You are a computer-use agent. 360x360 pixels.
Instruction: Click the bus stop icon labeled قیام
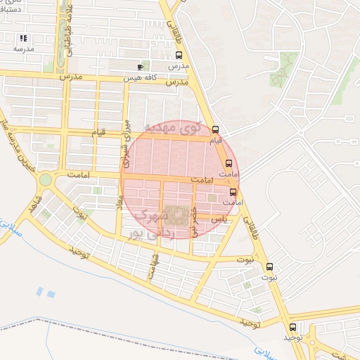point(215,129)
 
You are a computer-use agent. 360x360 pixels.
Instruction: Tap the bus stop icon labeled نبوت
point(270,266)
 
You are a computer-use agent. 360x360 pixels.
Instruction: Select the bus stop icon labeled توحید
point(293,327)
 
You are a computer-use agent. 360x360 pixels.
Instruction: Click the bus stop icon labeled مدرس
point(179,55)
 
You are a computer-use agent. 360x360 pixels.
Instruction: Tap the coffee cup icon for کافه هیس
point(140,67)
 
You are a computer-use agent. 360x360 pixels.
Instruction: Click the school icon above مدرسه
point(23,38)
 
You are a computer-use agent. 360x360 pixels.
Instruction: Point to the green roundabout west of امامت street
point(46,180)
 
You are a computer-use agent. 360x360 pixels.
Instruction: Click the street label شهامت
point(152,267)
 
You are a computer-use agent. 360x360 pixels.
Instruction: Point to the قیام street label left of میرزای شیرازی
point(98,131)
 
